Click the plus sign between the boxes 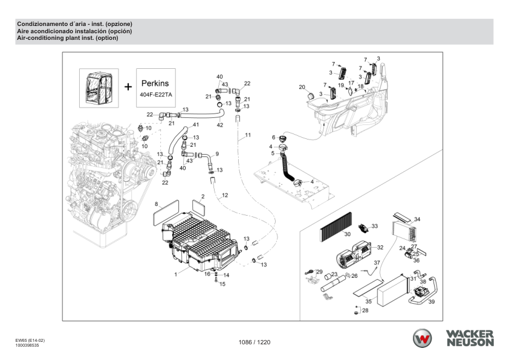pyautogui.click(x=128, y=86)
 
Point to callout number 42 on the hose pyautogui.click(x=220, y=125)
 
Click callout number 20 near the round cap pyautogui.click(x=302, y=88)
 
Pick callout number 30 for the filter pyautogui.click(x=348, y=234)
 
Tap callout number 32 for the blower pyautogui.click(x=380, y=248)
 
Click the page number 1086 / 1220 pyautogui.click(x=254, y=343)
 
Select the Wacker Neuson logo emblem pyautogui.click(x=423, y=338)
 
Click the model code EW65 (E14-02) pyautogui.click(x=29, y=340)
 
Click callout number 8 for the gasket pyautogui.click(x=157, y=204)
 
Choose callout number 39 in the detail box pyautogui.click(x=432, y=302)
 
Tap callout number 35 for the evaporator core pyautogui.click(x=368, y=300)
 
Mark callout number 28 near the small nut pyautogui.click(x=365, y=310)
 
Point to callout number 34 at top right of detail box pyautogui.click(x=417, y=219)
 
